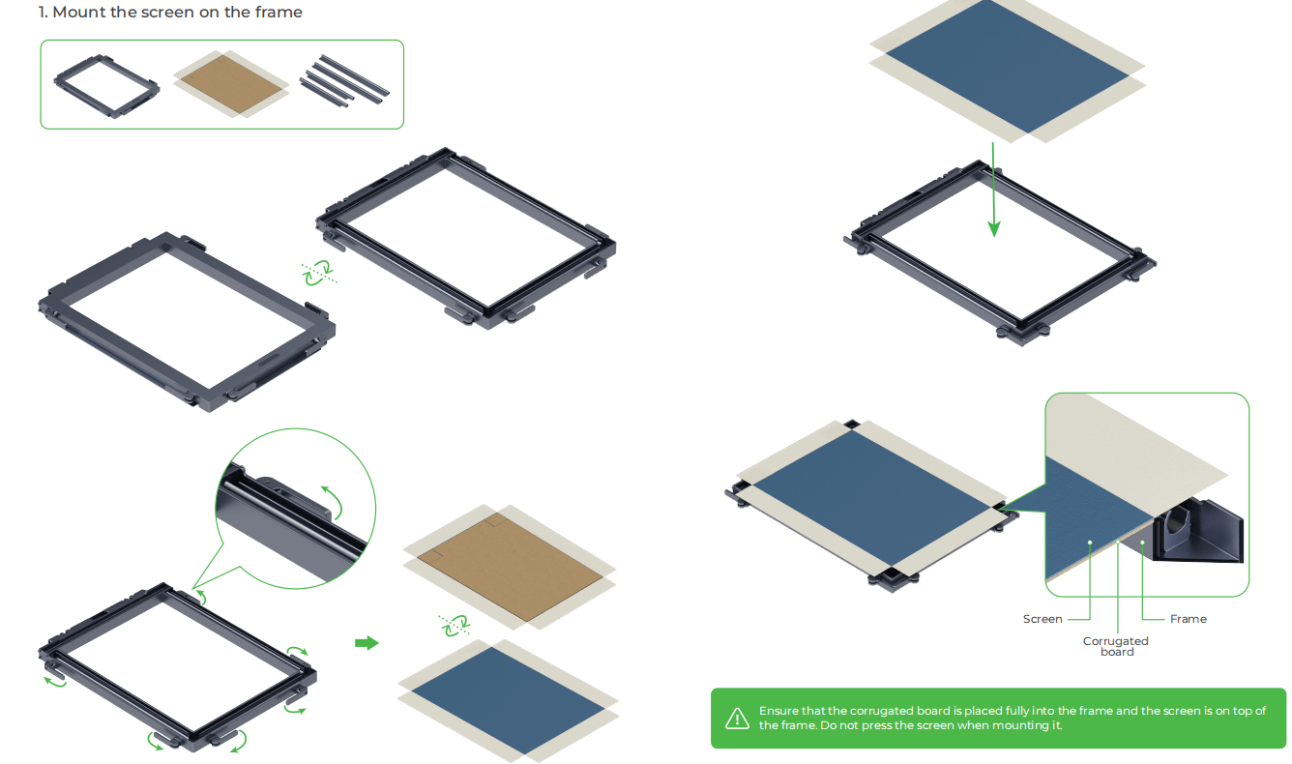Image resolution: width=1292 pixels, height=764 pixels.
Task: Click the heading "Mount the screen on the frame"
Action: tap(177, 13)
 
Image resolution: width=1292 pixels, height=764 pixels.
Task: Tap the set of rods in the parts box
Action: tap(345, 82)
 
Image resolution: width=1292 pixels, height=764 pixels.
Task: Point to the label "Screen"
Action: tap(1042, 619)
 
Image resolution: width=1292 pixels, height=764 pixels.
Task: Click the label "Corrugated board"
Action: tap(1116, 646)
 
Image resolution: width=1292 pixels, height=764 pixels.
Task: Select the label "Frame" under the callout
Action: tap(1188, 619)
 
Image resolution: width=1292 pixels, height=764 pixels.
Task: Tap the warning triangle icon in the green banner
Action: tap(737, 718)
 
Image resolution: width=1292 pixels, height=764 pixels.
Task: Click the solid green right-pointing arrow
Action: tap(367, 642)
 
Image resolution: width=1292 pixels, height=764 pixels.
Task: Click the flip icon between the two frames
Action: tap(314, 274)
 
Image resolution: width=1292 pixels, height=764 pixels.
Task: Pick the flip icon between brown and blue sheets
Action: tap(452, 624)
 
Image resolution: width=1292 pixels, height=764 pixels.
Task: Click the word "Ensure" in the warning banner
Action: tap(779, 711)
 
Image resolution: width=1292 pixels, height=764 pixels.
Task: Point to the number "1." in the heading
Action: tap(44, 13)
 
